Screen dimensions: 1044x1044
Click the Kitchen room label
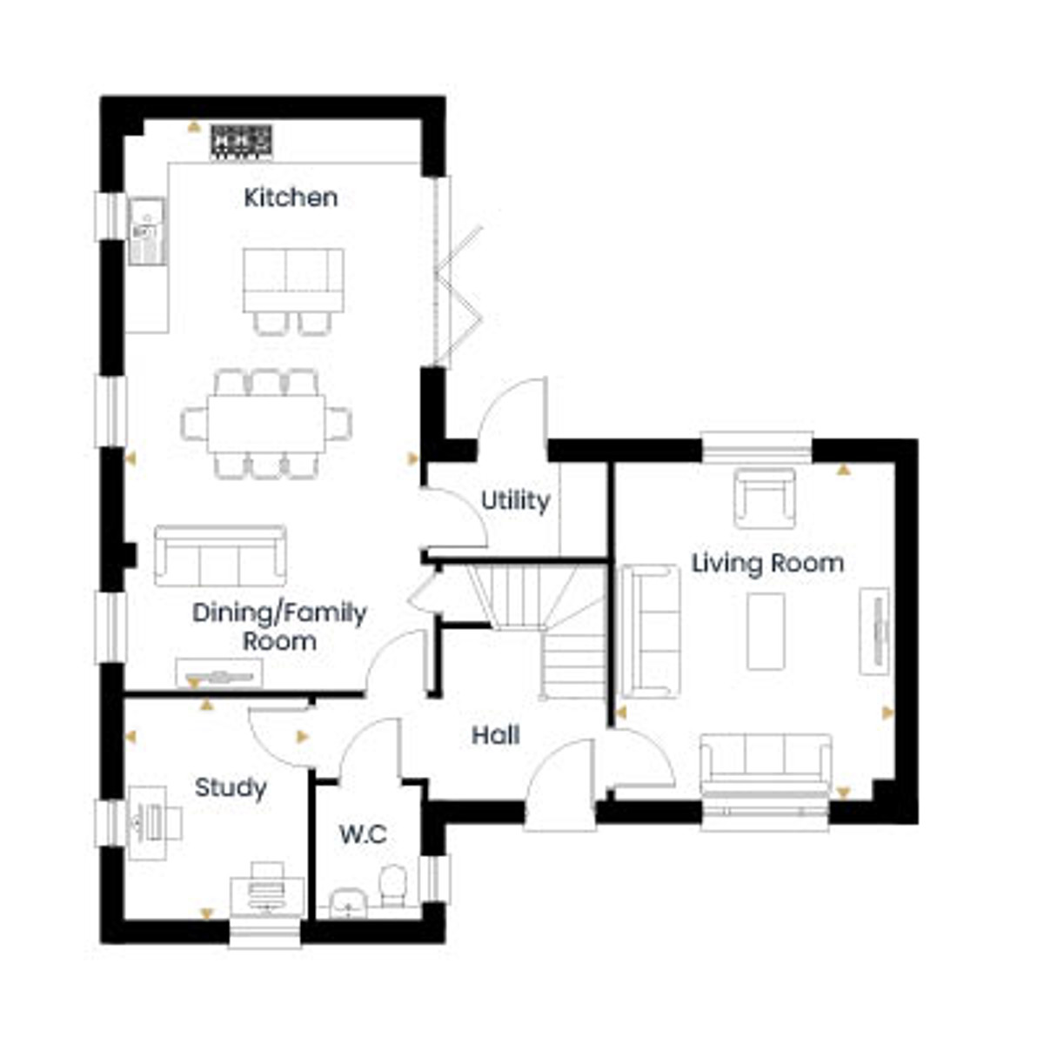[291, 197]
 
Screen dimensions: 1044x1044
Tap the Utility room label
[515, 500]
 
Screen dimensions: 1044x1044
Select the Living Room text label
[767, 564]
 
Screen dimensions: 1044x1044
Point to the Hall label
[495, 735]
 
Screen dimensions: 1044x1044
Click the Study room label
[231, 788]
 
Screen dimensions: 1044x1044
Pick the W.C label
[363, 835]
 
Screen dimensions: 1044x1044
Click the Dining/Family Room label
[279, 626]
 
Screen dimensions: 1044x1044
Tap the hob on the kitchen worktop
[242, 142]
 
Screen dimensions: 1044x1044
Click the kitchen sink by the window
[146, 231]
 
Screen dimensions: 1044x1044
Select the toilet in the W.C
[392, 886]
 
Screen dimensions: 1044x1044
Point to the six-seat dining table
[266, 424]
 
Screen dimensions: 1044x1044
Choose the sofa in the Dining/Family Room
[220, 555]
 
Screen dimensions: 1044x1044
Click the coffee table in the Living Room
[766, 631]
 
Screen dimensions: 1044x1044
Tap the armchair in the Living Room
[765, 498]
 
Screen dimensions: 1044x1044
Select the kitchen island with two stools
[293, 291]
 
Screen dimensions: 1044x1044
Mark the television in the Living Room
[874, 631]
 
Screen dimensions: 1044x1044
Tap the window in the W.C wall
[435, 879]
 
